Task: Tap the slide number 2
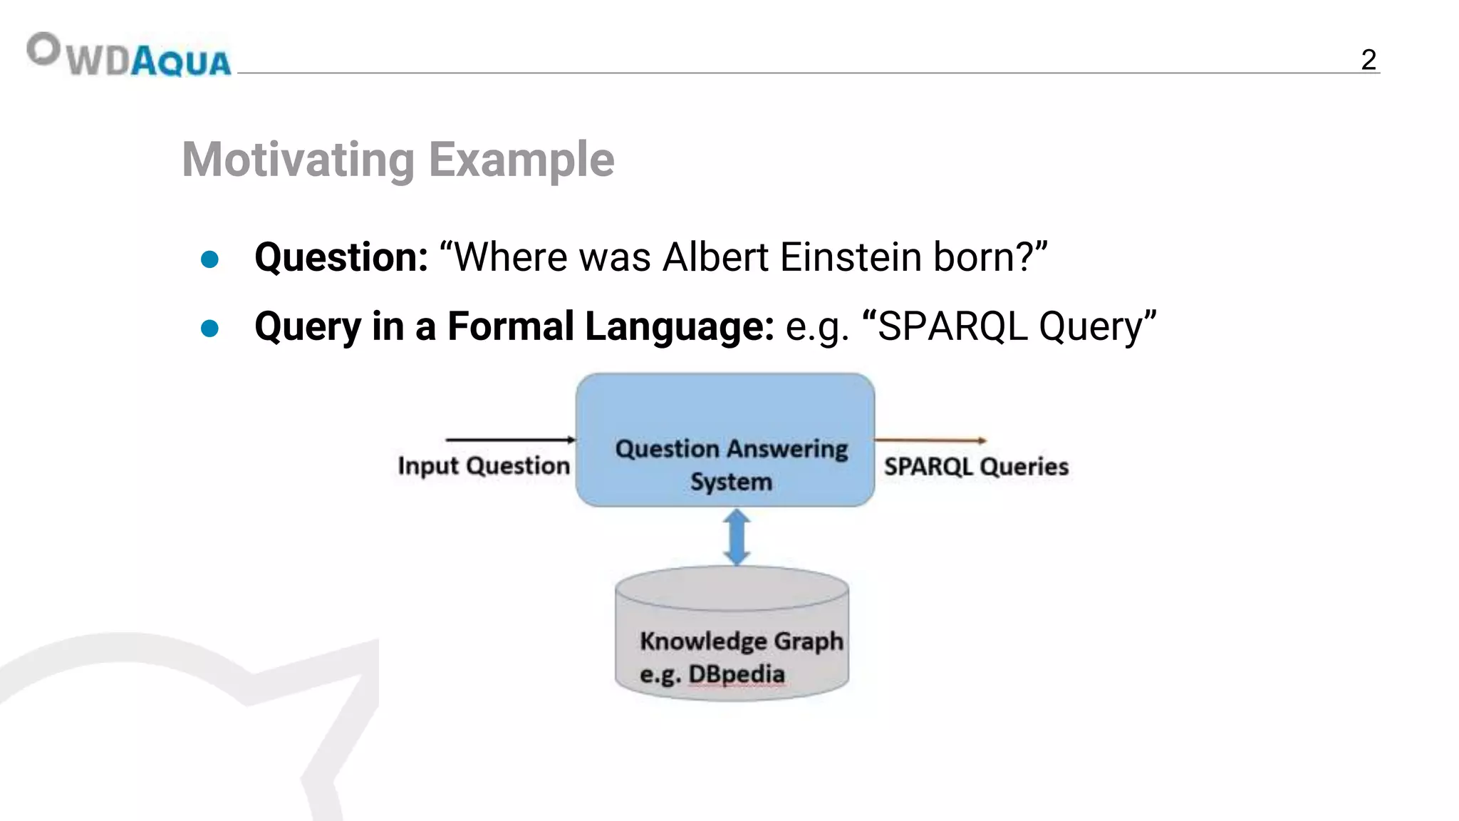tap(1368, 59)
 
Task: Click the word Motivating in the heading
tap(298, 160)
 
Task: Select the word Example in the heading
tap(521, 160)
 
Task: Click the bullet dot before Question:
tap(209, 259)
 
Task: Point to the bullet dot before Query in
tap(209, 329)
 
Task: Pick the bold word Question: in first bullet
tap(341, 257)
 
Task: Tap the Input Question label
tap(484, 466)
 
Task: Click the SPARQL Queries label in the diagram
tap(976, 467)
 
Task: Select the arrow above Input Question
tap(509, 440)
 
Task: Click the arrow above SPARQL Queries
tap(930, 440)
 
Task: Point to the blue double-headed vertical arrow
tap(737, 537)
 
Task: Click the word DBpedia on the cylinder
tap(736, 674)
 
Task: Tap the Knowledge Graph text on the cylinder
tap(741, 641)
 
